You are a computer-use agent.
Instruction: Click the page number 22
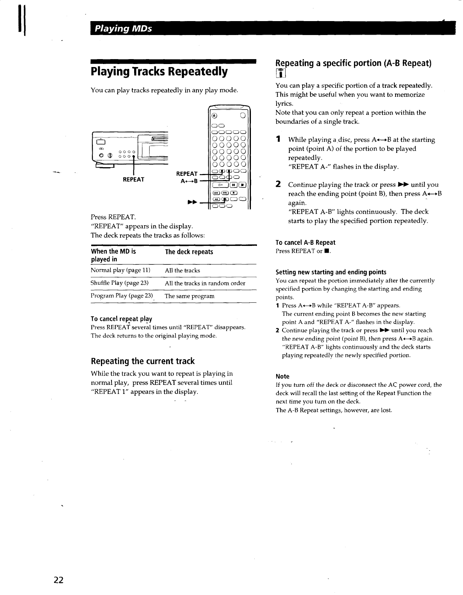(58, 580)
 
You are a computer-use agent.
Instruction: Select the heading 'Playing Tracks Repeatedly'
(159, 72)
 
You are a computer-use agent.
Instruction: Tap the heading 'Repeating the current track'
(143, 362)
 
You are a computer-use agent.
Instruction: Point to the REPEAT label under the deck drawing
(133, 180)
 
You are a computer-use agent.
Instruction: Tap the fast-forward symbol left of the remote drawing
(192, 203)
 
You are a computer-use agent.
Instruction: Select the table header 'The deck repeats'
(189, 252)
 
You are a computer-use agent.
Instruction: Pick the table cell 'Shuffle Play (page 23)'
(119, 283)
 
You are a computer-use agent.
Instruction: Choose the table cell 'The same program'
(189, 296)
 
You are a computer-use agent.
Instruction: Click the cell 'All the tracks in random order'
(205, 283)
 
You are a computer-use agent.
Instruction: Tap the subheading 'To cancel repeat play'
(121, 319)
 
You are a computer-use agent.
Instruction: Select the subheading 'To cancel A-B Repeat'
(305, 243)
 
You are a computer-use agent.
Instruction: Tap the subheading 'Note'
(283, 377)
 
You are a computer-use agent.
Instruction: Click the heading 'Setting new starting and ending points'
(331, 272)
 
